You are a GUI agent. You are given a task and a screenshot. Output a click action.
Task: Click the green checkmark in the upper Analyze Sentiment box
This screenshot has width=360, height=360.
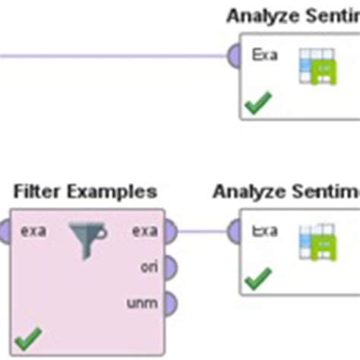point(259,103)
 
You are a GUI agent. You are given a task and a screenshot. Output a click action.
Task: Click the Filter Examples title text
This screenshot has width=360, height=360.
point(85,191)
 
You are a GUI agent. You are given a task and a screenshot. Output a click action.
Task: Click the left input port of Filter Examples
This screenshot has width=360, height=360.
point(4,230)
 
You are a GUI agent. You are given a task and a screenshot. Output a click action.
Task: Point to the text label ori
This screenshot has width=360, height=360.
point(148,267)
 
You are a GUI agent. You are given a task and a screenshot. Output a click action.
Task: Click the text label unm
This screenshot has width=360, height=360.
point(142,304)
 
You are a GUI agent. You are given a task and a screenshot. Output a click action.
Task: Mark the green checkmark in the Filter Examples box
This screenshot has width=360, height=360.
point(28,338)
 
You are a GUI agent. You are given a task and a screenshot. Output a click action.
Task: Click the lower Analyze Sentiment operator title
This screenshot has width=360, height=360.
point(286,191)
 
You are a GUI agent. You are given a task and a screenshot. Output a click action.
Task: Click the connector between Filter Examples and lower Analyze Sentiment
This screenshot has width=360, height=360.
point(201,231)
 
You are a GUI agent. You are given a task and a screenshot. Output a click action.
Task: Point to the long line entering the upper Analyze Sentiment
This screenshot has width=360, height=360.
point(114,55)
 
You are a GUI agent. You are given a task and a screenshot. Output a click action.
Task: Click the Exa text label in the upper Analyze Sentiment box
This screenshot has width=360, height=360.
point(264,55)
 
